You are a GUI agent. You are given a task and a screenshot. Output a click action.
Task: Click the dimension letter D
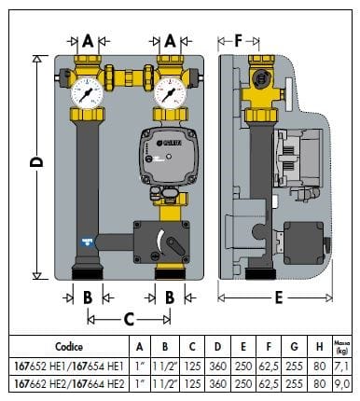37,162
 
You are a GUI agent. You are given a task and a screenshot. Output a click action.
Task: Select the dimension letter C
128,319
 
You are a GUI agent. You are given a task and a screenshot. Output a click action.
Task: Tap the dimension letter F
239,41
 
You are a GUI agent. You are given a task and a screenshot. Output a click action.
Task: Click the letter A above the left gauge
89,41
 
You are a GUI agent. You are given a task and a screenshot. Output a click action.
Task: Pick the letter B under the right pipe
171,298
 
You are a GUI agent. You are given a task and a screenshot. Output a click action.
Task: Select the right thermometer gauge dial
170,93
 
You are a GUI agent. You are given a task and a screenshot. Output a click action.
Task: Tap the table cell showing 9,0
341,382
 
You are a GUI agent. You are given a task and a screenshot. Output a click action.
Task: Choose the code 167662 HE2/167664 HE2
68,382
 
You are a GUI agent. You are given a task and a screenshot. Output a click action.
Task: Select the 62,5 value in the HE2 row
273,382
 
